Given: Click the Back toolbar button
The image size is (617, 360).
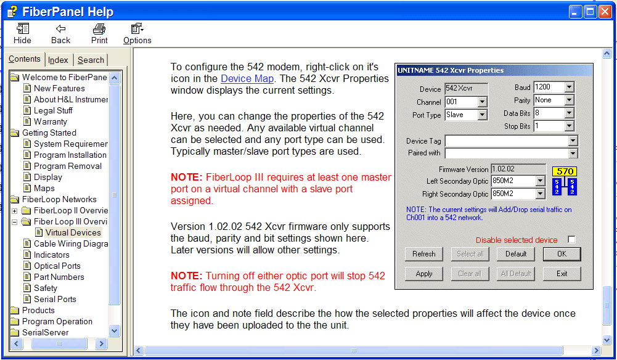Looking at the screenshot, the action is pos(60,34).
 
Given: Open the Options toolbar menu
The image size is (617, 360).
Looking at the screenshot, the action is pos(137,34).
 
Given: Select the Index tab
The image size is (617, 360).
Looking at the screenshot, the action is pos(58,60).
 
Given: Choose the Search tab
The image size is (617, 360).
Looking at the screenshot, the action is pos(91,60).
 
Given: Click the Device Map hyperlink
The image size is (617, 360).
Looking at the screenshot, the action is pos(247,79).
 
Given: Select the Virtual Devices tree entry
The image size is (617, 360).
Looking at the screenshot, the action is pos(73,232).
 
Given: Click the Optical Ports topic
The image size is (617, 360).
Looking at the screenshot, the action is pos(57,266).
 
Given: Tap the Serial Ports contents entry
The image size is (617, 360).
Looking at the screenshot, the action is pos(55,299).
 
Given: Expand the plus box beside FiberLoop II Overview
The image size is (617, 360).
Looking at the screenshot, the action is pos(15,211).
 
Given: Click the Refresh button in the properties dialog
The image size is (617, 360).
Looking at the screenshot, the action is pos(424,254).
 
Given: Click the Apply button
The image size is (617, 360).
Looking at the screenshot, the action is pos(424,274).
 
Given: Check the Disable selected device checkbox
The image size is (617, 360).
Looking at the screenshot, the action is pos(571,240).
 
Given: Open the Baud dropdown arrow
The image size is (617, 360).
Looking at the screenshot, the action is pos(569,88).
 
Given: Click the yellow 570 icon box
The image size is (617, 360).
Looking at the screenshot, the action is pos(565,171).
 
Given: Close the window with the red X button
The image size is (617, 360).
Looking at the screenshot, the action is pos(605,12).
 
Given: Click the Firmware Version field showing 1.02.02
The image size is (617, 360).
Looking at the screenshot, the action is pos(518,169).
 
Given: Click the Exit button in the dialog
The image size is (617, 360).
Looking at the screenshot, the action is pos(562,274).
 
